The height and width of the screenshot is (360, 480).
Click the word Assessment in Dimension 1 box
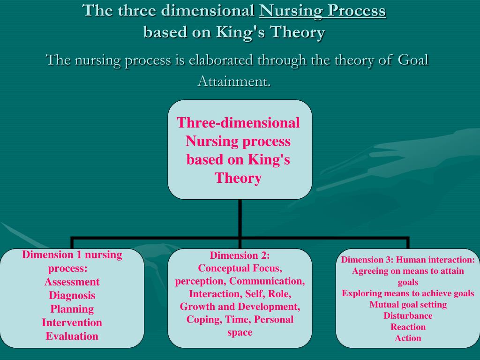tap(72, 282)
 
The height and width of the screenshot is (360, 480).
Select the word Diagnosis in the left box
tap(72, 295)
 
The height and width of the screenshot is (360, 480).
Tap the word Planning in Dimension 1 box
tap(72, 309)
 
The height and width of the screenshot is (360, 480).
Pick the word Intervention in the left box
tap(72, 322)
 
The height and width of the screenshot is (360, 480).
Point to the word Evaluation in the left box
tap(72, 336)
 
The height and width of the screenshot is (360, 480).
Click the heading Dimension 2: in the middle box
tap(240, 255)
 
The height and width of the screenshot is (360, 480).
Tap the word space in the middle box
tap(240, 332)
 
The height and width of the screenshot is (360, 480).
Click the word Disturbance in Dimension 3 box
tap(408, 315)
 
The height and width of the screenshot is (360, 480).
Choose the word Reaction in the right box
tap(408, 327)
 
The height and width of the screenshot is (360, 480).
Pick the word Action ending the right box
tap(408, 338)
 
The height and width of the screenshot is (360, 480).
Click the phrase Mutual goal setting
tap(408, 305)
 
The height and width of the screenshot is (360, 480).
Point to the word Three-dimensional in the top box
tap(238, 123)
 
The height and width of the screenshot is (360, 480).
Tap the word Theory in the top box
tap(238, 178)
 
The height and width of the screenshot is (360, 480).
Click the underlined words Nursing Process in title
tap(322, 10)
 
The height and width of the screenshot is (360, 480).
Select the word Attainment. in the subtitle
tap(234, 81)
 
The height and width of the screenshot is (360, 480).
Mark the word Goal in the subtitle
tap(413, 60)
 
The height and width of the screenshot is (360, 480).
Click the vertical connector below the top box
tap(240, 218)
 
